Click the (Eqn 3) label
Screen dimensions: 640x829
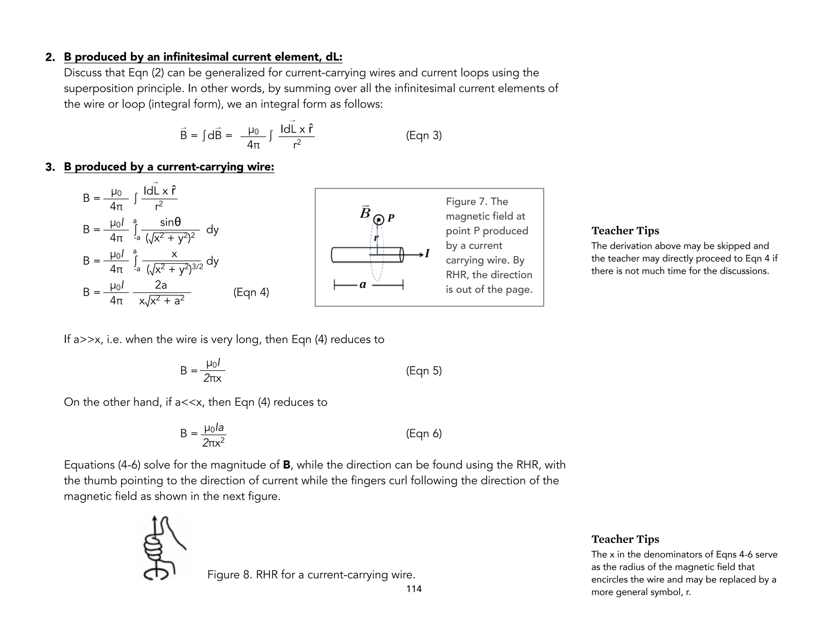pos(423,135)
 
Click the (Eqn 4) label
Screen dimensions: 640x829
pos(251,292)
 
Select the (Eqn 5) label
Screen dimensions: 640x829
pos(423,371)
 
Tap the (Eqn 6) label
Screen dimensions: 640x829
pos(423,433)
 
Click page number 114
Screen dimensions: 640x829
pos(414,589)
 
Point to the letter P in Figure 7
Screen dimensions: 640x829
pos(391,218)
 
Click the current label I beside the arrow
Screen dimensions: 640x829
pos(427,254)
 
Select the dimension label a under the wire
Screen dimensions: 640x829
pos(363,285)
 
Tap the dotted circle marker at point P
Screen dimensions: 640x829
pos(379,220)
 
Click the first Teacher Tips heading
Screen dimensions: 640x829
pos(625,231)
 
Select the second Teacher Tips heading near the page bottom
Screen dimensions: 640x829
pos(625,539)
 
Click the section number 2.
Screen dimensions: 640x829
pos(50,57)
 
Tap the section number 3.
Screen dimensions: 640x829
pos(50,167)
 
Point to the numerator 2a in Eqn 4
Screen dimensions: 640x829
pos(161,285)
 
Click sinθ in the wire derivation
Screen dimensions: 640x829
pos(170,222)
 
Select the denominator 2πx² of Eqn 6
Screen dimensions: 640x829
pos(213,443)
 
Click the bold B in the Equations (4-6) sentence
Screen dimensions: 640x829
pos(287,465)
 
